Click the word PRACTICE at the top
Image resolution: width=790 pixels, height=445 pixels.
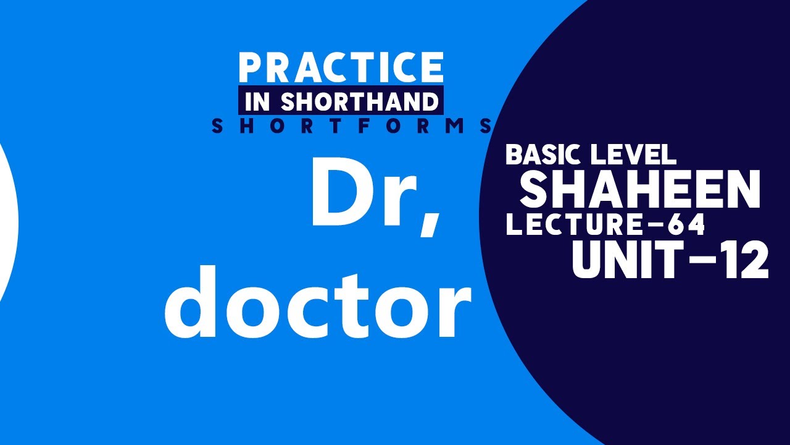coord(341,68)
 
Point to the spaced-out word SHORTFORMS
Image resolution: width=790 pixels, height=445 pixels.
coord(352,126)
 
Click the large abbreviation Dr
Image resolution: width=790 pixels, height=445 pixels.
coord(364,193)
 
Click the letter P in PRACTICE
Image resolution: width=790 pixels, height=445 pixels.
coord(251,68)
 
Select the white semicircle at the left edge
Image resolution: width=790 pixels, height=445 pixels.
coord(7,222)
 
